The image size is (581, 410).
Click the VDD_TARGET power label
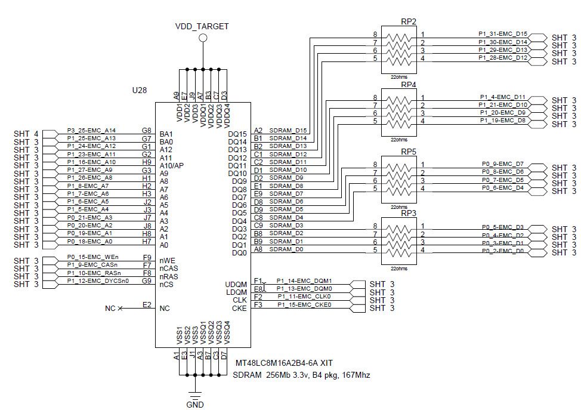click(202, 26)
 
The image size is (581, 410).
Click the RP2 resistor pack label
click(409, 21)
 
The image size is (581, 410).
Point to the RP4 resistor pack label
click(409, 84)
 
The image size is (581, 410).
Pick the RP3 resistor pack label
click(409, 213)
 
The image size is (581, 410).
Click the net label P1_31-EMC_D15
click(503, 34)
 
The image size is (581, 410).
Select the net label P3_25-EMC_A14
click(91, 130)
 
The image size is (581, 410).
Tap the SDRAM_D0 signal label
click(287, 249)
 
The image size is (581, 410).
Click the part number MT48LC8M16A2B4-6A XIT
click(284, 363)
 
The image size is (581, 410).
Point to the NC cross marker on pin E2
click(120, 308)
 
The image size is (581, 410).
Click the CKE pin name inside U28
click(239, 309)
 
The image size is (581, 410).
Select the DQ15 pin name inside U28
click(237, 134)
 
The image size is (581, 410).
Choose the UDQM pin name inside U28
click(236, 284)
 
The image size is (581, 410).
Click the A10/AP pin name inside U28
click(172, 165)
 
